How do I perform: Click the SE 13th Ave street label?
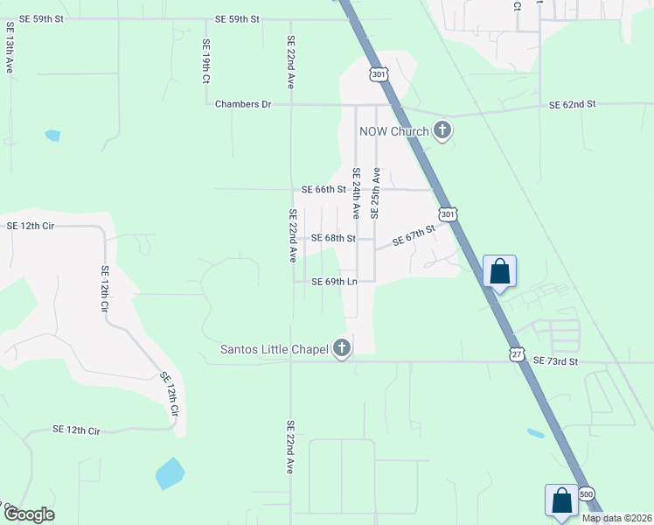click(x=9, y=54)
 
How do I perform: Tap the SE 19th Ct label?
click(x=206, y=61)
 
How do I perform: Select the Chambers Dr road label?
click(x=243, y=104)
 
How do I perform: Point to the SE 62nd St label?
click(x=572, y=104)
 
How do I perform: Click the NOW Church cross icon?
click(x=442, y=131)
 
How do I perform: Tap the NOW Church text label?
click(x=393, y=132)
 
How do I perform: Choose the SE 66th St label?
click(x=324, y=189)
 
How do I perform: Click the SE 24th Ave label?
click(x=356, y=192)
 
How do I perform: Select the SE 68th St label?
click(x=333, y=238)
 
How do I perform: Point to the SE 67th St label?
click(x=414, y=234)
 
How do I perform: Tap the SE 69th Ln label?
click(x=335, y=282)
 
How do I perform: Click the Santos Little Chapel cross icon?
click(x=342, y=349)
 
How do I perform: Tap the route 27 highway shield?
click(x=517, y=352)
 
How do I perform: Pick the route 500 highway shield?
click(x=588, y=494)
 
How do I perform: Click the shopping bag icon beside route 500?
click(x=561, y=500)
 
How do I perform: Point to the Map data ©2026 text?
click(x=616, y=517)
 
